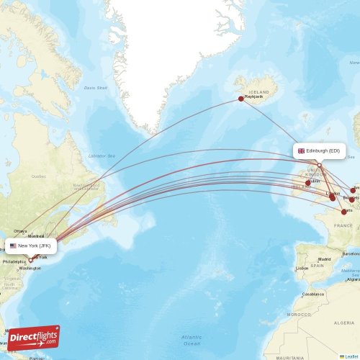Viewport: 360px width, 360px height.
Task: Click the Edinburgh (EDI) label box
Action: pyautogui.click(x=319, y=151)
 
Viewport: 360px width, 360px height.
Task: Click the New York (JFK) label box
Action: pyautogui.click(x=31, y=246)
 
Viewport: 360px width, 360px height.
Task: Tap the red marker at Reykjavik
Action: pyautogui.click(x=241, y=99)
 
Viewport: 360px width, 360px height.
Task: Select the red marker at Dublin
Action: pyautogui.click(x=308, y=183)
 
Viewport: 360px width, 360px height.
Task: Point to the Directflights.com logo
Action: pyautogui.click(x=34, y=337)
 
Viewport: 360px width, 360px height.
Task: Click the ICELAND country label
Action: pyautogui.click(x=258, y=92)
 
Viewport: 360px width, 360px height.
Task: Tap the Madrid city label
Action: pyautogui.click(x=325, y=259)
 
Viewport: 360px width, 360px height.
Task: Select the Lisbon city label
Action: pyautogui.click(x=302, y=268)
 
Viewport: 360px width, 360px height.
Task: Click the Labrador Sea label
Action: pyautogui.click(x=102, y=156)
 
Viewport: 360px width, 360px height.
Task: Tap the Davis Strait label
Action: pyautogui.click(x=95, y=88)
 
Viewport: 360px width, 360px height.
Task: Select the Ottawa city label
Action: pyautogui.click(x=19, y=231)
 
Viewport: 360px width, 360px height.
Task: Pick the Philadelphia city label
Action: pyautogui.click(x=14, y=262)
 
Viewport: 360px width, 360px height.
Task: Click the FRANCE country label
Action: pyautogui.click(x=343, y=225)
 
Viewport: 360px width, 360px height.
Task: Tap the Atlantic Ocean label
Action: pyautogui.click(x=192, y=339)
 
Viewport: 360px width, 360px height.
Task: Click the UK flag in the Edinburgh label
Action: pyautogui.click(x=301, y=151)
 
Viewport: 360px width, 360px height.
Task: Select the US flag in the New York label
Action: pyautogui.click(x=13, y=246)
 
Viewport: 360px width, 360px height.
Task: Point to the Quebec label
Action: pyautogui.click(x=37, y=175)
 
